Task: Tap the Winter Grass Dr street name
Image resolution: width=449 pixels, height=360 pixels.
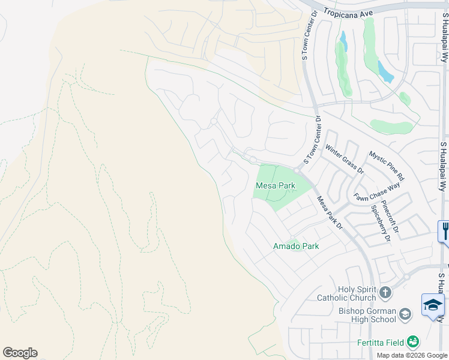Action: [345, 159]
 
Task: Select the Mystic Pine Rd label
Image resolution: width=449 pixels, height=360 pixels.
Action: [387, 166]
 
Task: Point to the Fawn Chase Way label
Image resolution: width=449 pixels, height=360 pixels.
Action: [377, 193]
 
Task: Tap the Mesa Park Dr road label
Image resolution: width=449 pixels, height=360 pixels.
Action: [330, 214]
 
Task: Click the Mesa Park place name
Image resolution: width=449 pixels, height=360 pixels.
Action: [276, 186]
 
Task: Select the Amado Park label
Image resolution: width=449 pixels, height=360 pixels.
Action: [296, 246]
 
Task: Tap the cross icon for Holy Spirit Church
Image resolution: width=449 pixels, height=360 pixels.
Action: [385, 293]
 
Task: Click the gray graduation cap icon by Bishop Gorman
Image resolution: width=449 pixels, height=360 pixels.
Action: [405, 313]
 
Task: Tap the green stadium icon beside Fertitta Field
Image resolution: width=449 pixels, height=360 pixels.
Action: [412, 341]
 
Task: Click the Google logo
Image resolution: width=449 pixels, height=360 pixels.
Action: [20, 353]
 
